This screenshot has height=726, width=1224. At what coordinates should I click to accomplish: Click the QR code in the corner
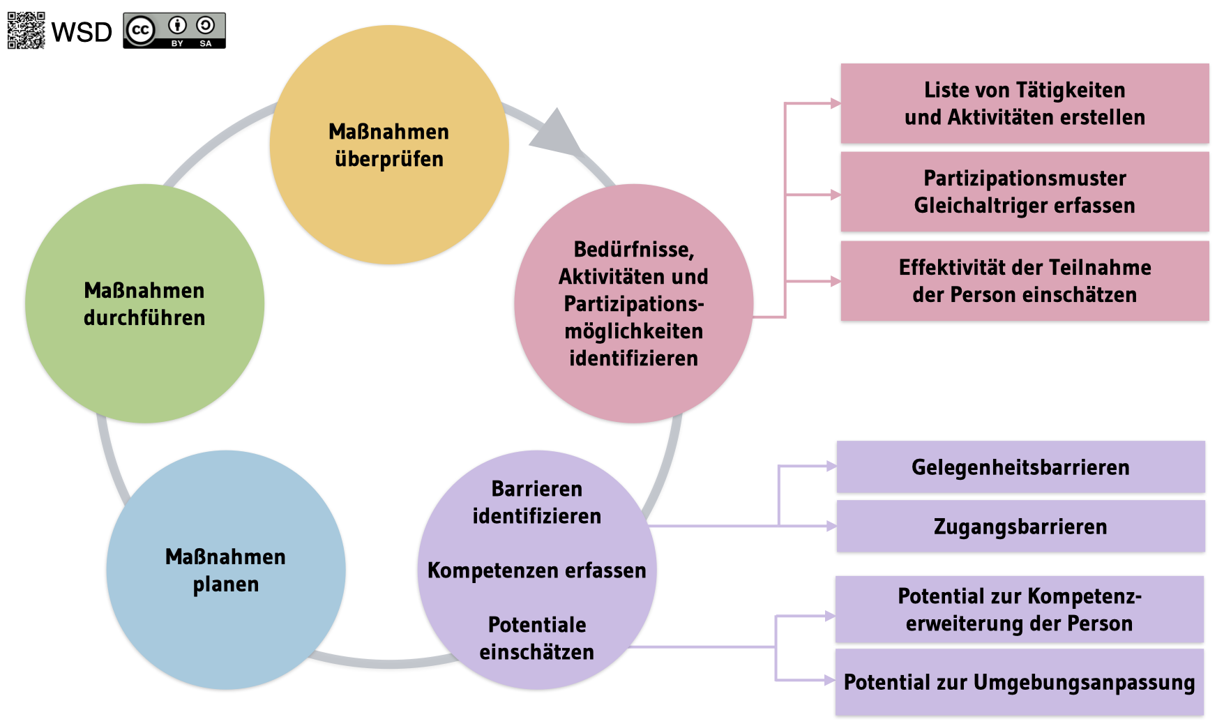(26, 31)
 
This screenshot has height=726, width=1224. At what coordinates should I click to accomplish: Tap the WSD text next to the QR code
(82, 32)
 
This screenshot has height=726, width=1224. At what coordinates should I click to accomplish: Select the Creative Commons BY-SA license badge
(174, 31)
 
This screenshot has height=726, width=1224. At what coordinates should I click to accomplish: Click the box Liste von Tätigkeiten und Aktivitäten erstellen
(1025, 103)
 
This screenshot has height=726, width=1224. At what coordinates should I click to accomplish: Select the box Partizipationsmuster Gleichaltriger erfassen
(1025, 192)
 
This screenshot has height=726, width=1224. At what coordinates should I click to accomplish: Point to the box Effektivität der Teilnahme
(1025, 281)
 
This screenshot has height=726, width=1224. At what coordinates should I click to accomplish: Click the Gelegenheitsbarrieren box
(1020, 467)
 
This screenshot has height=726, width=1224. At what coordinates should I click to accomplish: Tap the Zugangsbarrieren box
(1020, 527)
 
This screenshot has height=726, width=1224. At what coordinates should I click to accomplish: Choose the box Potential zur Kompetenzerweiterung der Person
(1019, 610)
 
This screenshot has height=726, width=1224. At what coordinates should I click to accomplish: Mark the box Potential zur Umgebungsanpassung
(1019, 682)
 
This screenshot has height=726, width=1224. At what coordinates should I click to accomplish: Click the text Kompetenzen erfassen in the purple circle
(536, 570)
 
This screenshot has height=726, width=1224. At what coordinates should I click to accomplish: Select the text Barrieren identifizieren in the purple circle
(536, 502)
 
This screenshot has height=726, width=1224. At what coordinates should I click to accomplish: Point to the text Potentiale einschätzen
(536, 638)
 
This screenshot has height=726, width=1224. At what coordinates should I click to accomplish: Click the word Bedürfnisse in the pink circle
(633, 249)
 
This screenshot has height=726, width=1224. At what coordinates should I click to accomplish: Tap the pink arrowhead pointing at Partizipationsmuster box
(835, 195)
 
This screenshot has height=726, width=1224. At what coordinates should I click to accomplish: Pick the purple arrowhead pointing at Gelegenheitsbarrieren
(831, 466)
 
